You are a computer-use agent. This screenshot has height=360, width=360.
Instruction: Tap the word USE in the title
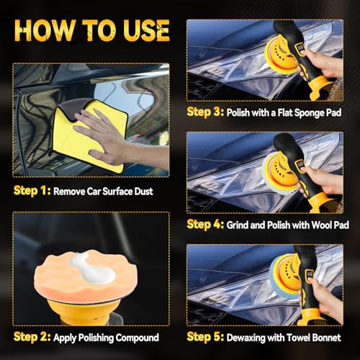click(x=146, y=30)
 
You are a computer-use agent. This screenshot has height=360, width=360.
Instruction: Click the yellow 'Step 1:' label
click(x=32, y=191)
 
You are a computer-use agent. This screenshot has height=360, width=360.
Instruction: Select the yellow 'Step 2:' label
click(x=32, y=337)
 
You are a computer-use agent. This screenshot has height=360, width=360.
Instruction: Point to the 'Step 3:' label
click(x=205, y=112)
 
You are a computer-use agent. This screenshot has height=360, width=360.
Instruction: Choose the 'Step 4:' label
click(x=205, y=225)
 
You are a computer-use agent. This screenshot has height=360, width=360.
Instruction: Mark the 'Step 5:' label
click(x=205, y=337)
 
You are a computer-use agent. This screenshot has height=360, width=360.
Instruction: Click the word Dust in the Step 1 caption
click(x=143, y=192)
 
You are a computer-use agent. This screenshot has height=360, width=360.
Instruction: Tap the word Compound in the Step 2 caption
click(x=137, y=338)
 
